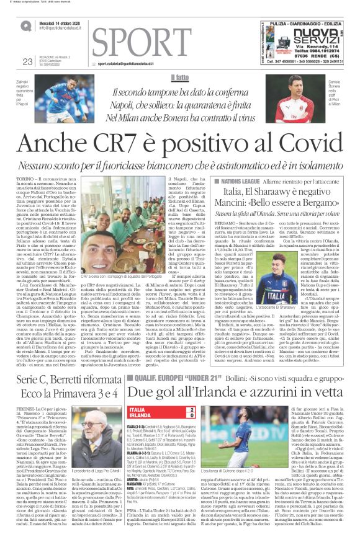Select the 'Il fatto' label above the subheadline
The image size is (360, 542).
click(180, 78)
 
